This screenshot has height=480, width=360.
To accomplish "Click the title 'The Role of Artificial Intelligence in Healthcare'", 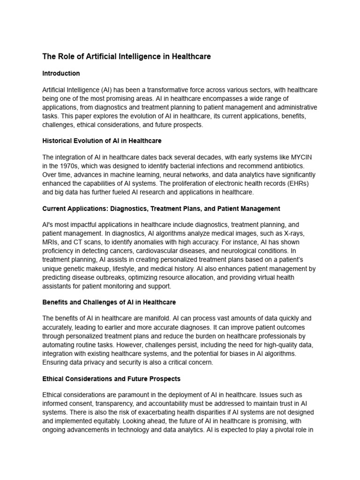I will pos(127,57).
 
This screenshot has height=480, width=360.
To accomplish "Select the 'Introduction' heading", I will pos(61,74).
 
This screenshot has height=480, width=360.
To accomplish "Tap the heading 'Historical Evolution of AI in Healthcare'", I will pos(102,141).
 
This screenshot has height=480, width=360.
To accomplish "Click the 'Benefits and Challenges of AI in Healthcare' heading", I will pos(109,302).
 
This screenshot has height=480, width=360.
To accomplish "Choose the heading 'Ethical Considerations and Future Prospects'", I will pos(111,379).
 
